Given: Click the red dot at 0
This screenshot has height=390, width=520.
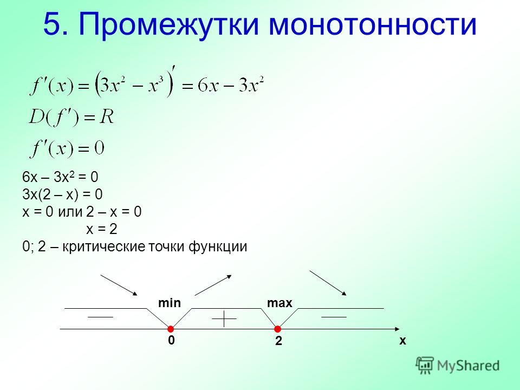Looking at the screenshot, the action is point(171,329).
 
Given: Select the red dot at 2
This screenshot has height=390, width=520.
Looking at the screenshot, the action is point(277,329).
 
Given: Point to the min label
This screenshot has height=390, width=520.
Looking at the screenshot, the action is point(170,303).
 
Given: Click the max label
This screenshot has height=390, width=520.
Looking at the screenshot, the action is point(279,303).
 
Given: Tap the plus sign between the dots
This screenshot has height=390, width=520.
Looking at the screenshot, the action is point(224,318).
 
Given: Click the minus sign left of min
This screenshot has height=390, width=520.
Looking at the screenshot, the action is point(100,317).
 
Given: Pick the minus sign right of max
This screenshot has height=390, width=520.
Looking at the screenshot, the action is point(334,317).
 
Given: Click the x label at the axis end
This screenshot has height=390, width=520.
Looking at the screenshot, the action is point(402,341).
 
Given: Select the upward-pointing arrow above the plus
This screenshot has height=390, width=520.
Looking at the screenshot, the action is point(213,285).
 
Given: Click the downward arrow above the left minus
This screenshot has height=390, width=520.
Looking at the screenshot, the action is point(119,285).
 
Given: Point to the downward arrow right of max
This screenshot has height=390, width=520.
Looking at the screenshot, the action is point(328,283).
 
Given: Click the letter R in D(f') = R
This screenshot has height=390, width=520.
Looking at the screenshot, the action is point(107,117).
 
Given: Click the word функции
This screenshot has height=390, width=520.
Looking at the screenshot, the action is point(218,247).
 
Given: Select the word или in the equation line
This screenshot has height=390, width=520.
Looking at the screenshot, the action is point(70,212).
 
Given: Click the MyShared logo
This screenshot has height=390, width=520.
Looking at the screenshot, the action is point(457,366).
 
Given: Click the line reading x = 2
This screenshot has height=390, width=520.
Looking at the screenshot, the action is point(102,229).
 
